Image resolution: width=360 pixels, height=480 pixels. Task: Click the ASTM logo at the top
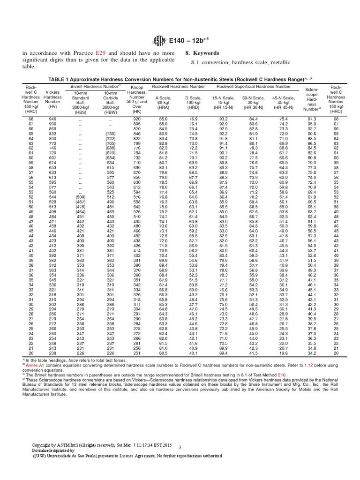[x=154, y=39]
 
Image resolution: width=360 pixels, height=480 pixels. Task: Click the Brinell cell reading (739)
[x=111, y=134]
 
